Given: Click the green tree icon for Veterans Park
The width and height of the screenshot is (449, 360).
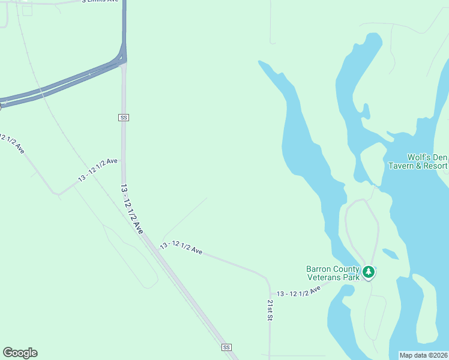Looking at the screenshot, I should [x=369, y=272].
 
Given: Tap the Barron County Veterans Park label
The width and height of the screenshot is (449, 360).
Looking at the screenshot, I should [x=333, y=273].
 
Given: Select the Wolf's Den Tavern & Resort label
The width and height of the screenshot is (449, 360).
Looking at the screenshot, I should [x=418, y=161].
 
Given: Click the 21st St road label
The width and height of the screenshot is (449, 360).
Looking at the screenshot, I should [x=270, y=309].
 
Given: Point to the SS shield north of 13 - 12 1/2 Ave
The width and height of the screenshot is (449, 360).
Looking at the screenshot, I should [x=124, y=118].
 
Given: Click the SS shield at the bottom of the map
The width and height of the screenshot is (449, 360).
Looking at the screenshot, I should [x=226, y=347].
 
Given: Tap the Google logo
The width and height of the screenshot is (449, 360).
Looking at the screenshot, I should [x=20, y=353].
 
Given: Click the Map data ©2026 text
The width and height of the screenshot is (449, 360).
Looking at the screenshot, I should [x=424, y=355].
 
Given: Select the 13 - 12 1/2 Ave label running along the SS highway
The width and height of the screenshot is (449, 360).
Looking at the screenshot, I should [x=133, y=209].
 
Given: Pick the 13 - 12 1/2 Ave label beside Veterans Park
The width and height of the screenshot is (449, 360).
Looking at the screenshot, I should [x=299, y=291].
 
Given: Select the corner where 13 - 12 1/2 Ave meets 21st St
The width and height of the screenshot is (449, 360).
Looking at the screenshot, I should [x=268, y=279].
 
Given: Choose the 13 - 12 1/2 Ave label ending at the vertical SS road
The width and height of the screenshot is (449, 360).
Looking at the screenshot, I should [x=98, y=170].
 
